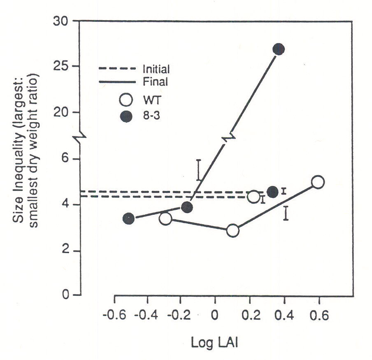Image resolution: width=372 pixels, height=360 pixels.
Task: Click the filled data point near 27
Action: tap(279, 49)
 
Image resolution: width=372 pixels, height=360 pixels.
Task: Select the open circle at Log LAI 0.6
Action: tap(318, 182)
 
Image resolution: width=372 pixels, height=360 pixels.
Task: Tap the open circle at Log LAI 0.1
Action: tap(232, 231)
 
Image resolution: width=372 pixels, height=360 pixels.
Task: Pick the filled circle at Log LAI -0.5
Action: tap(128, 218)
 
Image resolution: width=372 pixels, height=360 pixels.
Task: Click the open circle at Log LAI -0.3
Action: tap(165, 218)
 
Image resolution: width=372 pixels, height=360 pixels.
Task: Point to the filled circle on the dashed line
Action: tap(272, 192)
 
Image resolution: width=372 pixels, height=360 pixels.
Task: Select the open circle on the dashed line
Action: tap(253, 197)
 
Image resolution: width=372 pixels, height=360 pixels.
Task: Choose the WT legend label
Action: tap(150, 100)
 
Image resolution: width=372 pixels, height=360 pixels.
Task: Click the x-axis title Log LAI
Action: tap(214, 342)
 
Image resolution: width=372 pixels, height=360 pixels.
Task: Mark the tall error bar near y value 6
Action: tap(198, 170)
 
